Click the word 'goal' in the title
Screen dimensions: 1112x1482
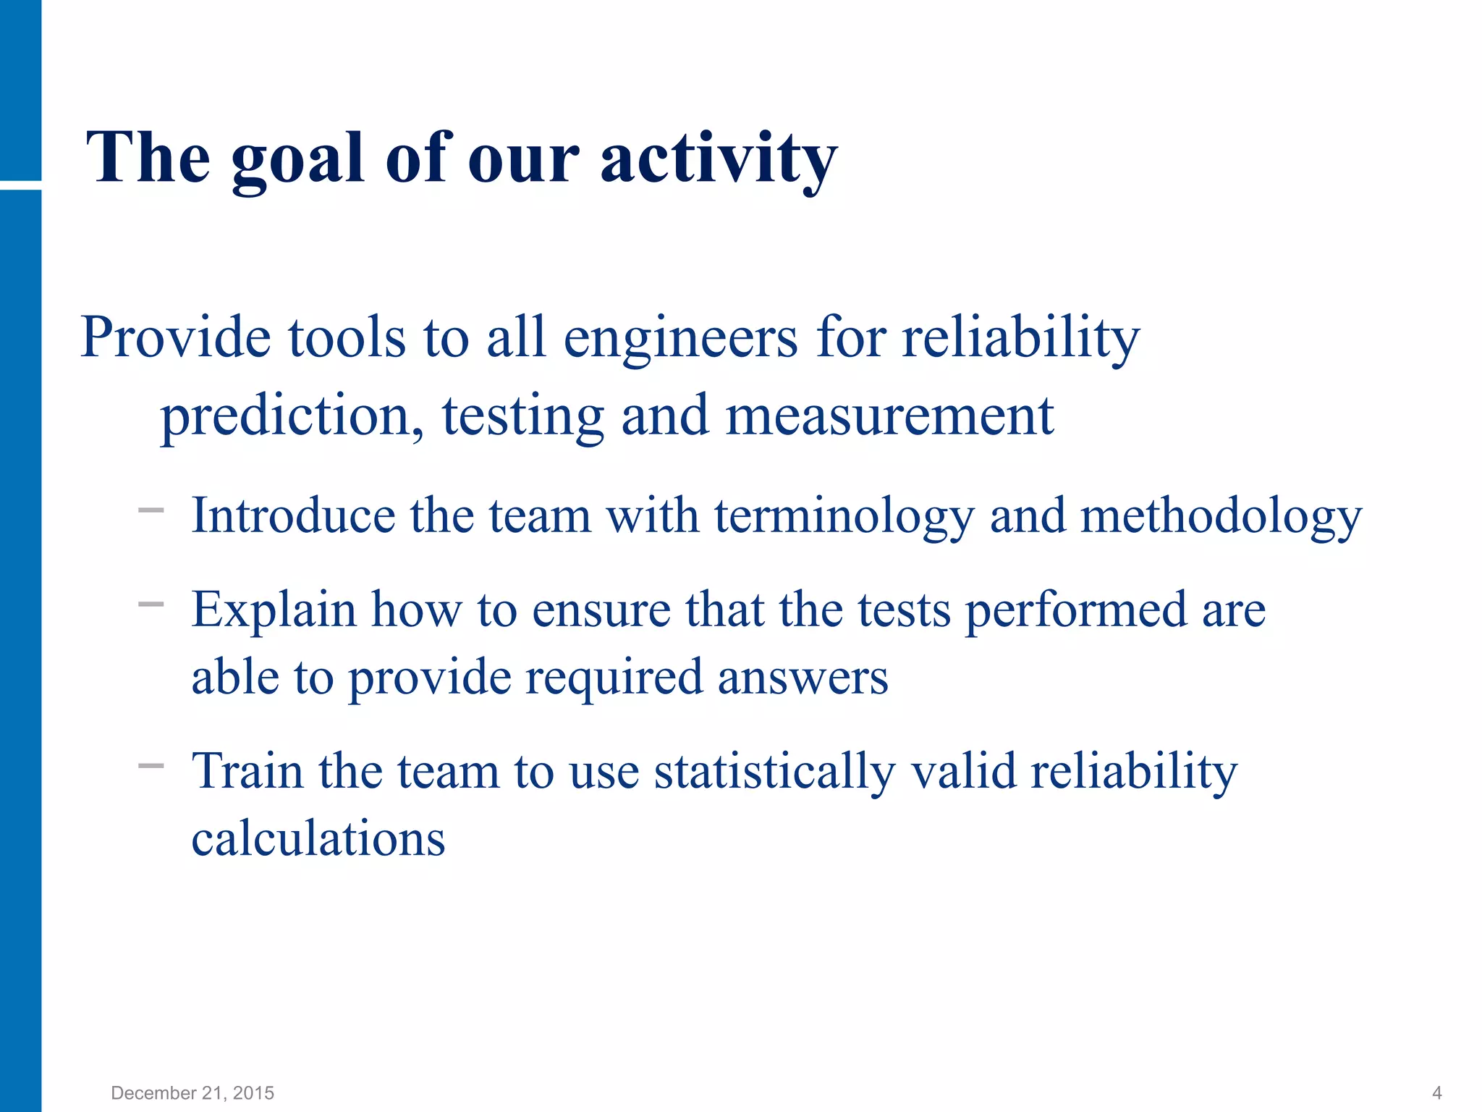pyautogui.click(x=297, y=159)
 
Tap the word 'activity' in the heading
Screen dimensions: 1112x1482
pyautogui.click(x=718, y=159)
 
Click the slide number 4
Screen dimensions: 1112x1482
pyautogui.click(x=1437, y=1092)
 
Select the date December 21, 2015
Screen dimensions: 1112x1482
pyautogui.click(x=192, y=1092)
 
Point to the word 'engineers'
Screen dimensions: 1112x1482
pyautogui.click(x=680, y=338)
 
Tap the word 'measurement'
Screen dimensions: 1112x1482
pyautogui.click(x=889, y=417)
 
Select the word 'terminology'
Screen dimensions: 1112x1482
pyautogui.click(x=844, y=517)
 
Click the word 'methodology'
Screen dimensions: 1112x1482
pyautogui.click(x=1221, y=517)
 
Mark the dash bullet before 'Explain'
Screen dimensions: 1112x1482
pyautogui.click(x=151, y=603)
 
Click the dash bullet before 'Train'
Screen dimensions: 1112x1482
pyautogui.click(x=151, y=765)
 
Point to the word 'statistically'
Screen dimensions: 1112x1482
pyautogui.click(x=774, y=772)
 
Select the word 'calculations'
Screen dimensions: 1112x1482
pyautogui.click(x=318, y=839)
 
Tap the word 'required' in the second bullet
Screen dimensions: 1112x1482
pyautogui.click(x=614, y=678)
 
